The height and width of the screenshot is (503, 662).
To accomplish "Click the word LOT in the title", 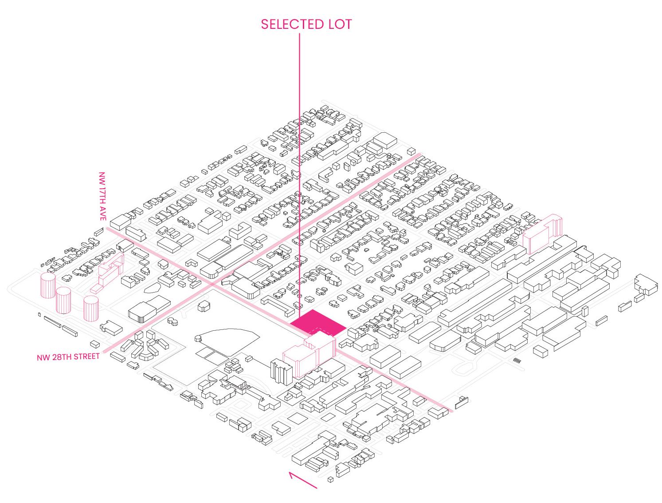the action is tap(340, 24).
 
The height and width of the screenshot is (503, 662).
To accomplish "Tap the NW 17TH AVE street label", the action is tap(103, 196).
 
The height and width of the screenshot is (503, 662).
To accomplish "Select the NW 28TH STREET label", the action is tap(68, 357).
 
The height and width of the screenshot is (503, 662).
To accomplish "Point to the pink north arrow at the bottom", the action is tap(303, 480).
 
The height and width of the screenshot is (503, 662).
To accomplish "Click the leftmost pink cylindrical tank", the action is tap(48, 285).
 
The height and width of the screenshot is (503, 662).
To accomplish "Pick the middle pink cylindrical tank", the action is tap(63, 300).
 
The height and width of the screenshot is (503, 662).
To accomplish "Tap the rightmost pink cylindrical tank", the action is tap(91, 308).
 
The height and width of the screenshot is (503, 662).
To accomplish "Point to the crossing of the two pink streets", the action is tap(212, 284).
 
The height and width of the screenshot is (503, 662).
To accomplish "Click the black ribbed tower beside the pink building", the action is tap(281, 372).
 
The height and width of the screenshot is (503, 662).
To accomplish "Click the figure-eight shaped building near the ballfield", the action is tap(173, 321).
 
